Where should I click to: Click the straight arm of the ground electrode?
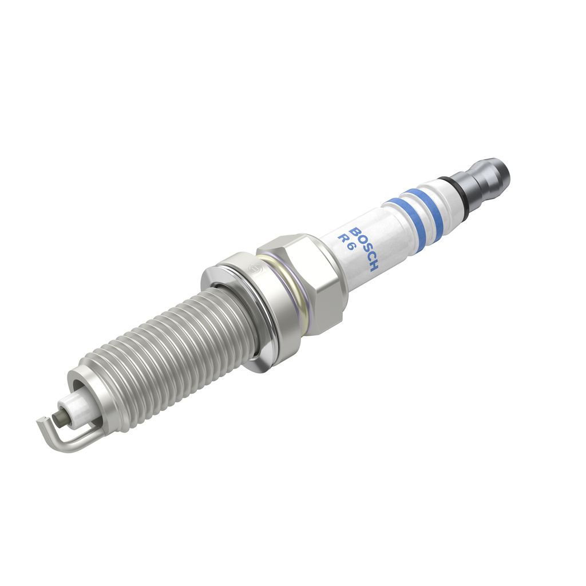point(74,438)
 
